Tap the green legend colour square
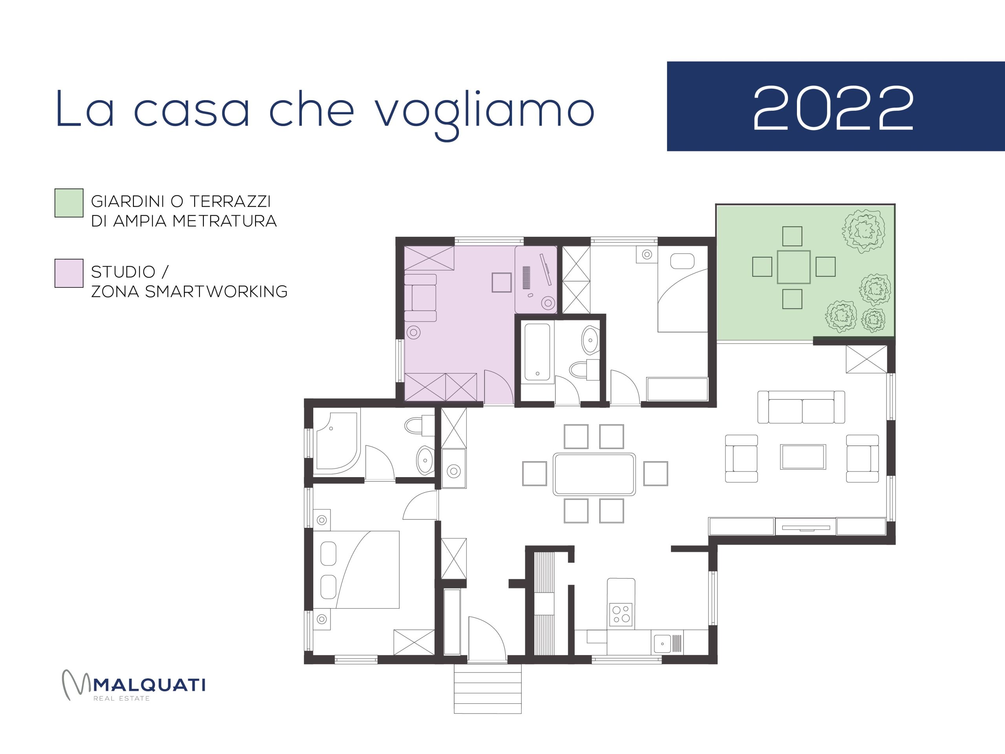[x=69, y=203]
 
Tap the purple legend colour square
[x=69, y=273]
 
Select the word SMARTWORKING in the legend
[x=216, y=291]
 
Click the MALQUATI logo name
[x=149, y=685]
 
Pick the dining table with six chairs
[x=594, y=474]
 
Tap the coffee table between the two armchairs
[x=803, y=457]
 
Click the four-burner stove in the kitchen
[x=621, y=615]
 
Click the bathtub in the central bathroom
[x=537, y=352]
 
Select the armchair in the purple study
[x=420, y=298]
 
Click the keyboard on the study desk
[x=526, y=277]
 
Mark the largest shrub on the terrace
[x=864, y=231]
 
